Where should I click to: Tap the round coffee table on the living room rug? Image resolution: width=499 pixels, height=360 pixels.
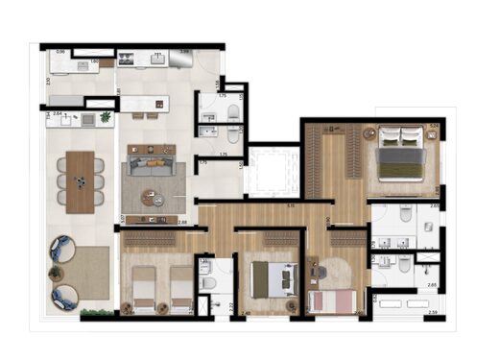(x=152, y=198)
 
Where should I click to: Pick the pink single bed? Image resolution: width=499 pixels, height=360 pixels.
(x=331, y=299)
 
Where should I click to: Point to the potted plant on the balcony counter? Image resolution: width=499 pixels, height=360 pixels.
(x=105, y=118)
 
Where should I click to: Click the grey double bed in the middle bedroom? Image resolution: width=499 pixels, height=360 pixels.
(x=268, y=280)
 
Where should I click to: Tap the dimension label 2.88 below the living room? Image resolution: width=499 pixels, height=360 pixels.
(x=181, y=222)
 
